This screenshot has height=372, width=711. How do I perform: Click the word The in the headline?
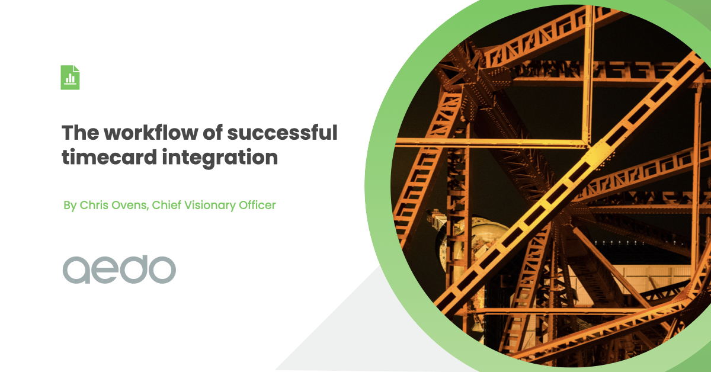tap(79, 133)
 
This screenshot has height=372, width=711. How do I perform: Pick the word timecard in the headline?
tap(106, 158)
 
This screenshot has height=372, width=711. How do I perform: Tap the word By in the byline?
tap(71, 206)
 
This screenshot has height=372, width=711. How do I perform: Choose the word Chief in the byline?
tap(166, 206)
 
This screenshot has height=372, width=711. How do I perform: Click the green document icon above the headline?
tap(70, 78)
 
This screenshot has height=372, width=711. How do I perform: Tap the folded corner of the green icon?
tap(76, 69)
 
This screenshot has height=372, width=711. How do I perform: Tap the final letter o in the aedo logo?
tap(162, 270)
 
